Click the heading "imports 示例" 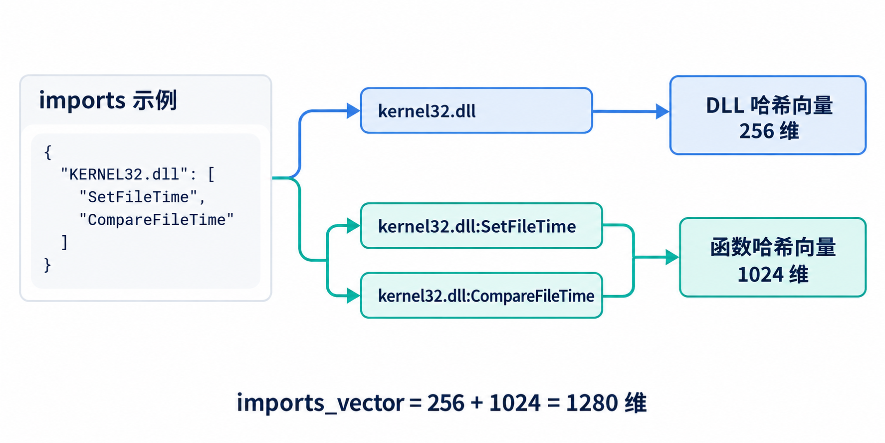[x=108, y=100]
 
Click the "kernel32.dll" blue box [x=476, y=110]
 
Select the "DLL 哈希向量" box [x=768, y=115]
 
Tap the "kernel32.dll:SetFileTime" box [x=481, y=226]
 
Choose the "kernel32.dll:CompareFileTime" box [x=481, y=295]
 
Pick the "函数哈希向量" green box [x=773, y=257]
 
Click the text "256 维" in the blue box [x=769, y=131]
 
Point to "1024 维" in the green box [x=773, y=274]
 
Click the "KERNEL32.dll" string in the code [x=124, y=174]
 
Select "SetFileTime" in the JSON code [x=138, y=197]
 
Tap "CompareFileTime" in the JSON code [x=156, y=219]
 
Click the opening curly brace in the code [x=48, y=152]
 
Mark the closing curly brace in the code [x=47, y=265]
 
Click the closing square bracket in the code [x=64, y=242]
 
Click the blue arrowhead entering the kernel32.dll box [x=353, y=111]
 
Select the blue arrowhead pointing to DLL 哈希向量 [x=663, y=111]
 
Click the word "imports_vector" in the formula [x=320, y=403]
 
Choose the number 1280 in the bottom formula [x=592, y=403]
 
